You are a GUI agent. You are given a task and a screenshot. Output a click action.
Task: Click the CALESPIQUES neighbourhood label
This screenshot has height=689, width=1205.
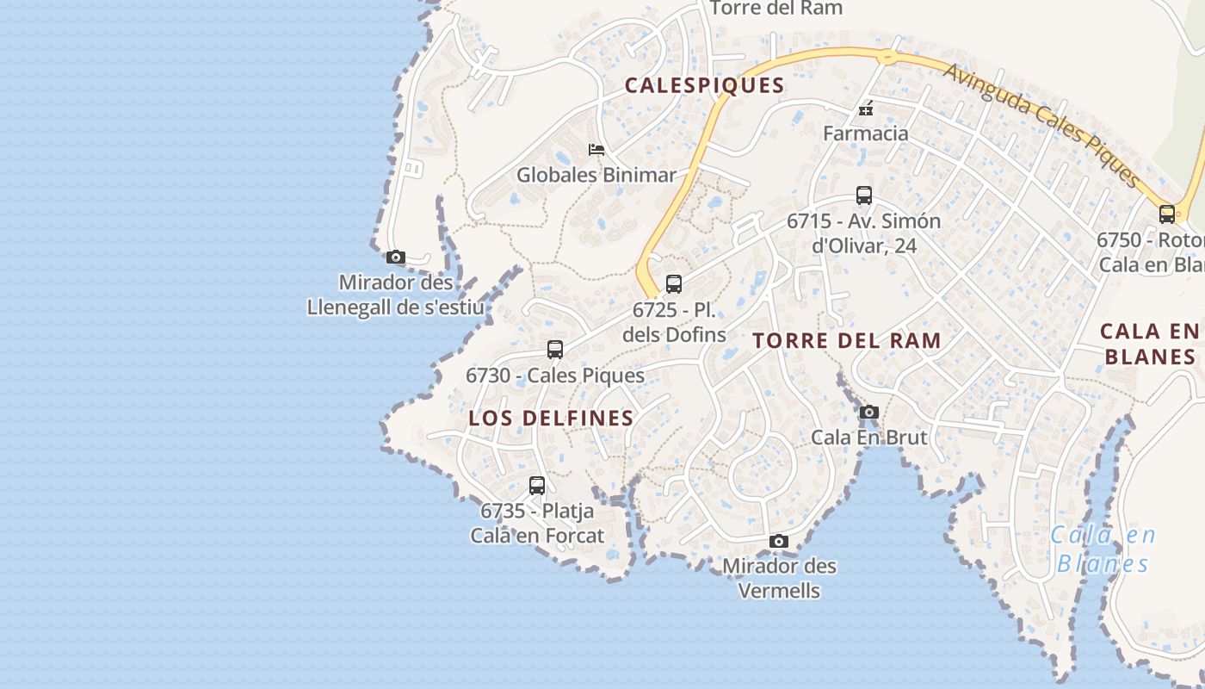(704, 85)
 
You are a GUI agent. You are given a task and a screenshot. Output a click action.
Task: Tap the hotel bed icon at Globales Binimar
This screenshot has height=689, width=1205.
(596, 150)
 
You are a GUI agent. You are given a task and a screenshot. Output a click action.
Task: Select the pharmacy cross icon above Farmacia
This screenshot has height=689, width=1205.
(866, 109)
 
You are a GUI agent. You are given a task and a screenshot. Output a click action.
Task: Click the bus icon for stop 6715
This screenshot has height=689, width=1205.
(864, 196)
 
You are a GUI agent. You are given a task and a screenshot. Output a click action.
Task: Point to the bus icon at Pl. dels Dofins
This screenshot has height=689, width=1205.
(674, 284)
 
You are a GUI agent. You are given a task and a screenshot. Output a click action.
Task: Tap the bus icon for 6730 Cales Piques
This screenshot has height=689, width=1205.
(555, 350)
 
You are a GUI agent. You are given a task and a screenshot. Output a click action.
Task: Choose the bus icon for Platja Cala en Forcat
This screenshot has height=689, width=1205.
(537, 486)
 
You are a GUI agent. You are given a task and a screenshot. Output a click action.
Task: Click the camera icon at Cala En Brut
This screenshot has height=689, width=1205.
(869, 413)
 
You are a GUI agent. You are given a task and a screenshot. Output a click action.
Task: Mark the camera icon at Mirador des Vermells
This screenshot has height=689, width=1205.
(779, 541)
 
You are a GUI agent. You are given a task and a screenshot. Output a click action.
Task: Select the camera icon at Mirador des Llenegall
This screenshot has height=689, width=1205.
(396, 257)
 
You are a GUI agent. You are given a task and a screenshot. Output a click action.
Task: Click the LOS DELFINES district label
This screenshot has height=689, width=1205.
(551, 419)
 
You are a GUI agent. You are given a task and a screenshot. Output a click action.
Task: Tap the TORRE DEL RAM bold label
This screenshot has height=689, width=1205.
(847, 340)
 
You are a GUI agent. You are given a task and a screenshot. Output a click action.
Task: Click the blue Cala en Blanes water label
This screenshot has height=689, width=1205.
(1103, 549)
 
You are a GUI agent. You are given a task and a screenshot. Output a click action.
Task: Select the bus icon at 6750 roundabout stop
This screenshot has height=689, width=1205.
(1167, 214)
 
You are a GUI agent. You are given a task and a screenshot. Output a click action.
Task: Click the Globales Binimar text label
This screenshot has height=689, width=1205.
(596, 175)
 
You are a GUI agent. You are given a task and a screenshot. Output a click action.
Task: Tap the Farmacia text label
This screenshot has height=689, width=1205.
(865, 133)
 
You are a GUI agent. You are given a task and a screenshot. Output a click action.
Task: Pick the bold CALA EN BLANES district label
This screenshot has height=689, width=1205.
(1150, 344)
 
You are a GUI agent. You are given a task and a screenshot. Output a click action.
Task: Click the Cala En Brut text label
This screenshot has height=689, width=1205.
(869, 438)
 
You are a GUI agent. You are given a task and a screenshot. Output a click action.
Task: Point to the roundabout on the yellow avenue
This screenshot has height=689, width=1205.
(887, 58)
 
